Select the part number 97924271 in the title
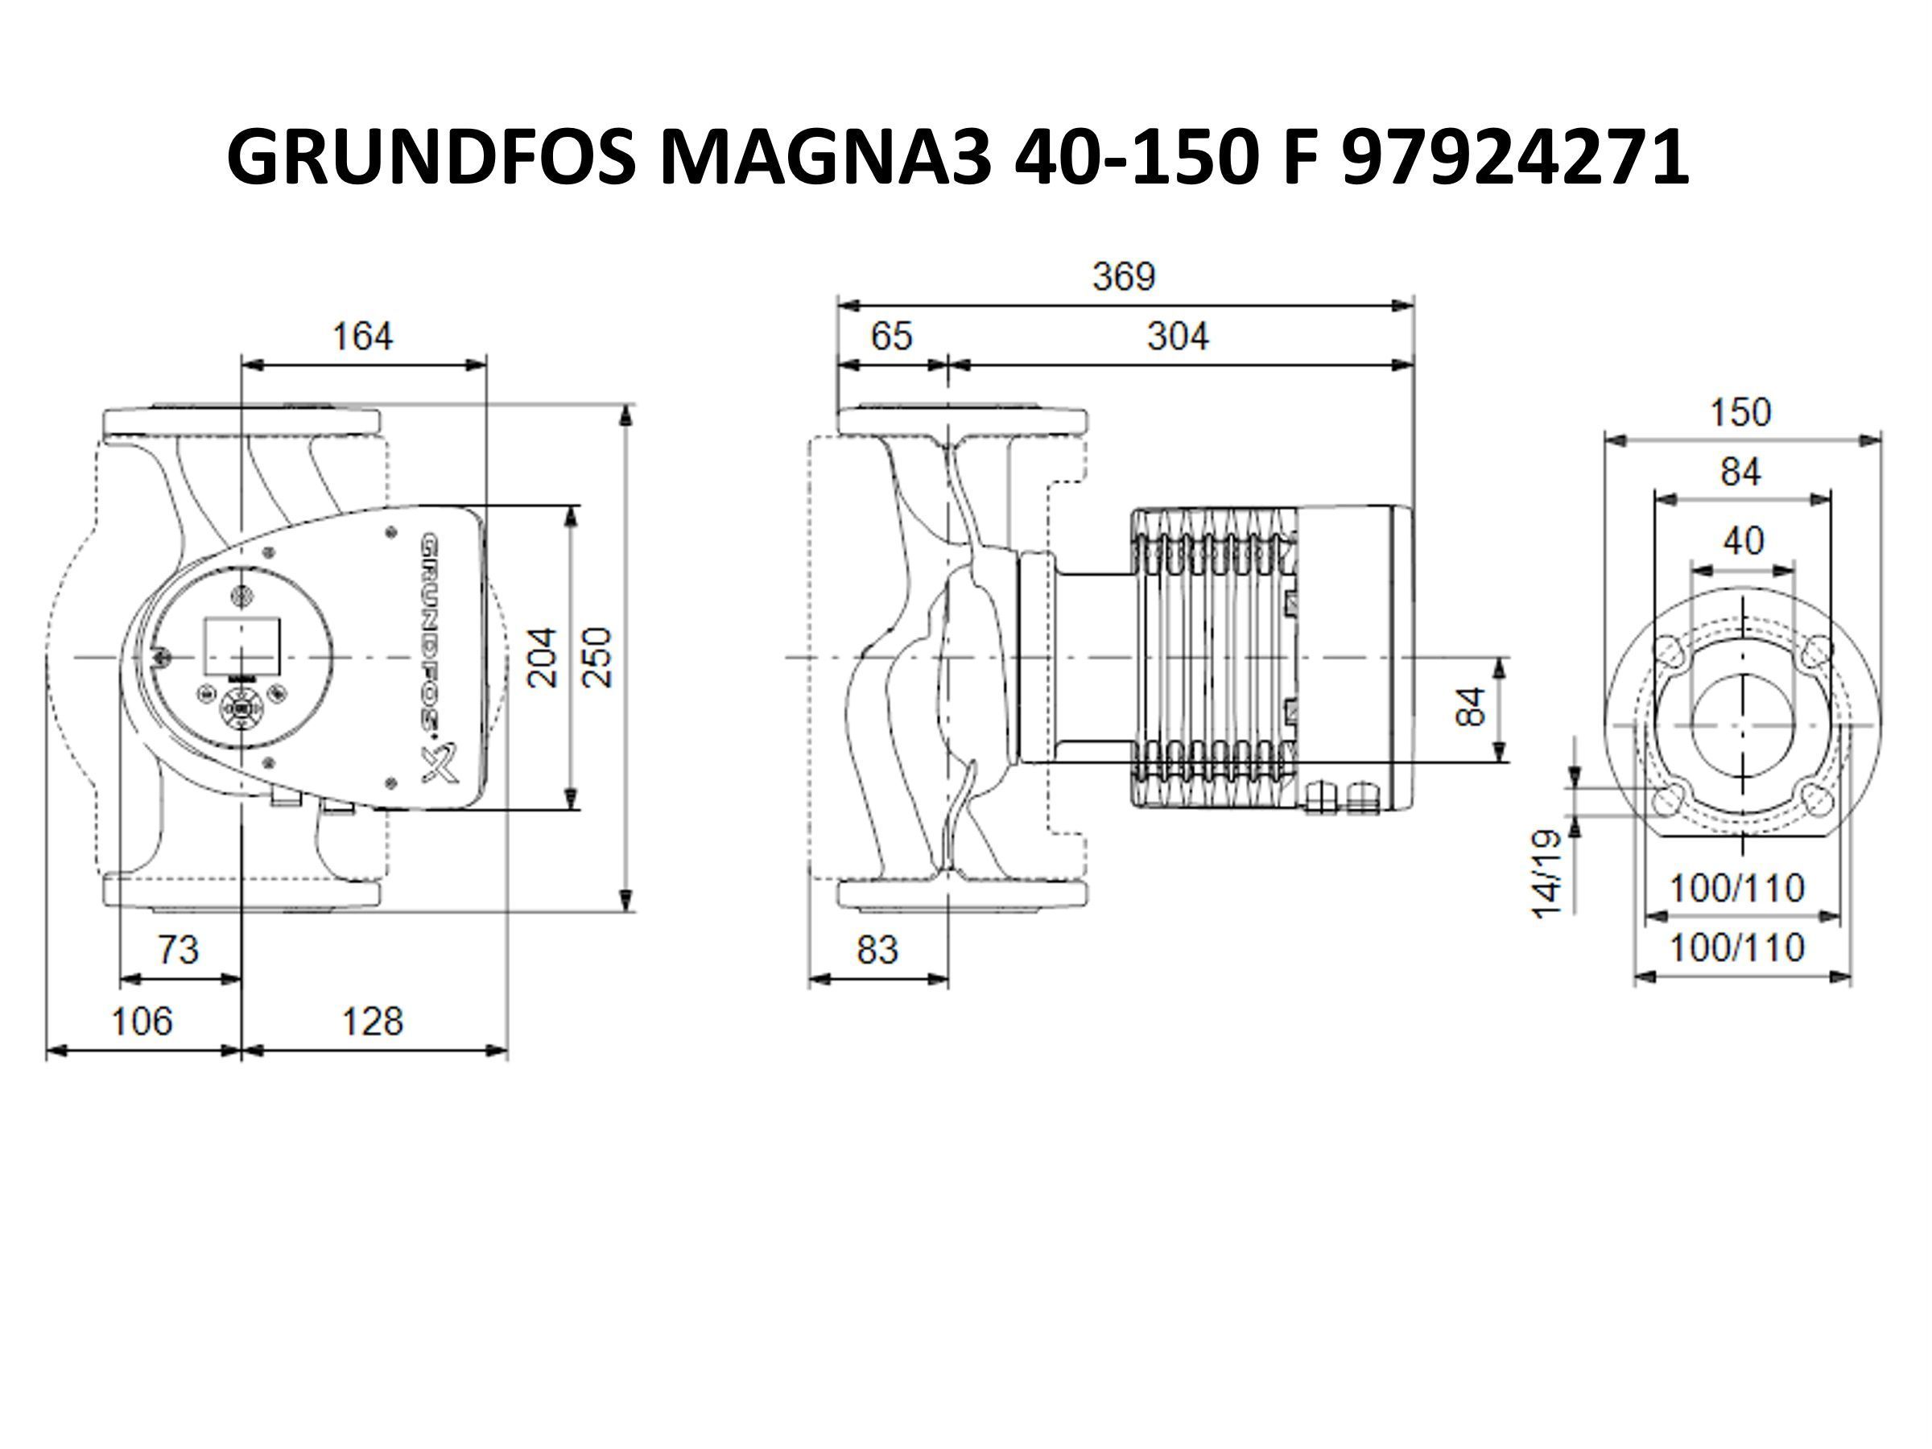1514,157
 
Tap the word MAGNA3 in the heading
825,157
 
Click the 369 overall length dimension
1124,277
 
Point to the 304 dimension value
1178,336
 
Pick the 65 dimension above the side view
892,336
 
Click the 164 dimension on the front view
362,336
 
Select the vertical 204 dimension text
543,658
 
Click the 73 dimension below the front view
178,949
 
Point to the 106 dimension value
142,1021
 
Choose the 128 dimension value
372,1021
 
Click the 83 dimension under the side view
877,949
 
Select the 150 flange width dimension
1740,412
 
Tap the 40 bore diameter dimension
1743,542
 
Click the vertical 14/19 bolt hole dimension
1545,874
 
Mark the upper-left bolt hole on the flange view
1670,650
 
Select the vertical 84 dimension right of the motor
1471,708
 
